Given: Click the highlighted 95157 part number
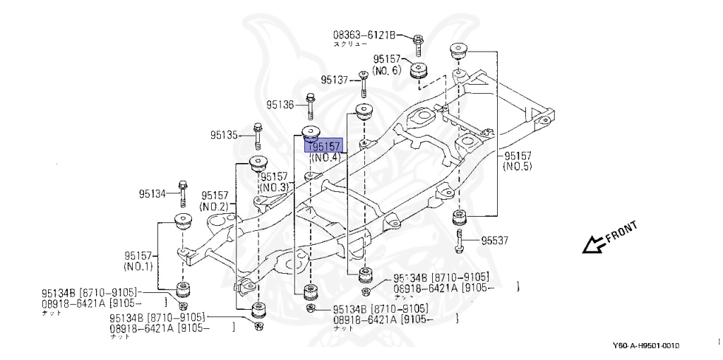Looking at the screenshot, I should pyautogui.click(x=323, y=146).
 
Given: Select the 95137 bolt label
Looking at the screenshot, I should pyautogui.click(x=335, y=80).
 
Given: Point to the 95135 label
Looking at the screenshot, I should pyautogui.click(x=225, y=133).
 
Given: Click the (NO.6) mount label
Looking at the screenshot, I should pyautogui.click(x=386, y=71).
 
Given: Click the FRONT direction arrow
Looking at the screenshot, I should pyautogui.click(x=591, y=245).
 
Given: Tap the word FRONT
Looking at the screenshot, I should pyautogui.click(x=621, y=232).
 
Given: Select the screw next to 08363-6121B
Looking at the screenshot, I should pyautogui.click(x=417, y=42).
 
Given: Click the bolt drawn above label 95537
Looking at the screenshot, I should pyautogui.click(x=460, y=239).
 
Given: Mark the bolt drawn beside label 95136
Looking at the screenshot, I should pyautogui.click(x=310, y=105).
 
